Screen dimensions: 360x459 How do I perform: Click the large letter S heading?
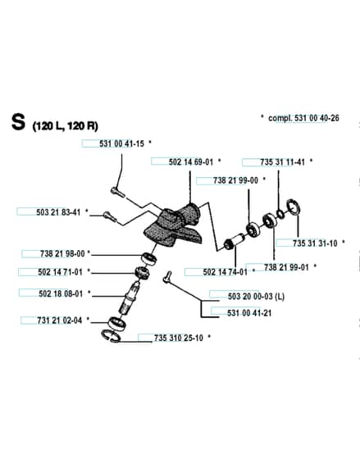[18, 122]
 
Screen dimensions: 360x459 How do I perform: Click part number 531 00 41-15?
[122, 143]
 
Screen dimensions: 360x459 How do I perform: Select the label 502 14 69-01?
[191, 162]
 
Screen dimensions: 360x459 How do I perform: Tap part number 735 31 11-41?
[283, 162]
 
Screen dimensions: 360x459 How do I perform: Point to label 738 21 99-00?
[236, 180]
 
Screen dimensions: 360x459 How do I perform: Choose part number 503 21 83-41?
[58, 212]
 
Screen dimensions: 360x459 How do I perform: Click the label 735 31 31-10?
[315, 243]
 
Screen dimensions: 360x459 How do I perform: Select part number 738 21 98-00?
[62, 253]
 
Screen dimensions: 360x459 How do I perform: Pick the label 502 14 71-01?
[61, 272]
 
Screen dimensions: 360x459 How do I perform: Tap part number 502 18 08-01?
[61, 293]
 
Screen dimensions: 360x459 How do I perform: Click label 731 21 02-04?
[60, 320]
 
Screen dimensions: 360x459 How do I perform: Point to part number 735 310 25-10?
[179, 338]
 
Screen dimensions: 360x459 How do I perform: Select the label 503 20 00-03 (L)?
[257, 296]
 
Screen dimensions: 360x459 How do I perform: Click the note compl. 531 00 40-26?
[303, 118]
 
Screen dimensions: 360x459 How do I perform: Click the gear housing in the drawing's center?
[175, 224]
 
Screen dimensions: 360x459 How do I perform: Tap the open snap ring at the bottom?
[111, 335]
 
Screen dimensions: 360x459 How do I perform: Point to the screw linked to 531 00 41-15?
[118, 193]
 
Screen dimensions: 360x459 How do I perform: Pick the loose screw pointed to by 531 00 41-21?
[167, 277]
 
